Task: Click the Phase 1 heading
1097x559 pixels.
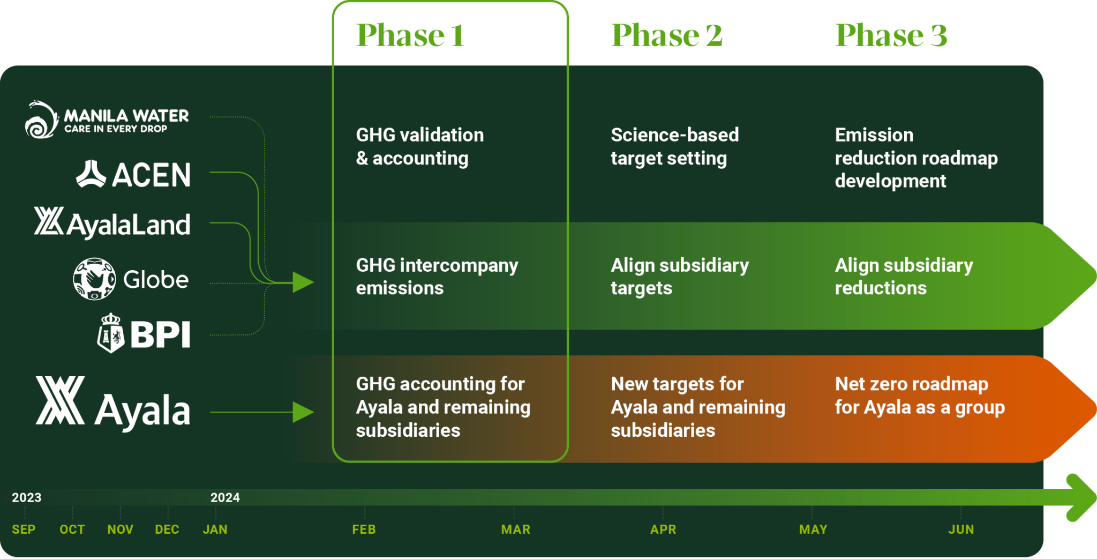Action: pyautogui.click(x=410, y=35)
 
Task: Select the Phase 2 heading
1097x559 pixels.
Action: pyautogui.click(x=667, y=35)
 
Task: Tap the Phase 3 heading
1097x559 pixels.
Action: pyautogui.click(x=891, y=35)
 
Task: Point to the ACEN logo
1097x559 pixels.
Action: pyautogui.click(x=133, y=174)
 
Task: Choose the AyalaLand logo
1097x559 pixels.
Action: pyautogui.click(x=112, y=223)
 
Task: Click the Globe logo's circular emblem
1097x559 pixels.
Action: pyautogui.click(x=94, y=279)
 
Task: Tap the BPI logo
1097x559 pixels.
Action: pyautogui.click(x=144, y=333)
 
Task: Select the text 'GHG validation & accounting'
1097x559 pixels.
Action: pyautogui.click(x=420, y=146)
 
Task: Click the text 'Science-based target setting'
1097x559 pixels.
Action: pyautogui.click(x=674, y=146)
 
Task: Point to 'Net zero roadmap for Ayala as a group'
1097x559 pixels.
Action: pyautogui.click(x=919, y=396)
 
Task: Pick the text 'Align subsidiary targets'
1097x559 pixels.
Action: pyautogui.click(x=679, y=277)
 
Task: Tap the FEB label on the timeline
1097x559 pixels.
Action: pyautogui.click(x=364, y=530)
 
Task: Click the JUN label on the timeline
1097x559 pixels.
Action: pyautogui.click(x=961, y=530)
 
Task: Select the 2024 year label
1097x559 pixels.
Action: pyautogui.click(x=225, y=497)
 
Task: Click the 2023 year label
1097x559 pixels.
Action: pyautogui.click(x=27, y=497)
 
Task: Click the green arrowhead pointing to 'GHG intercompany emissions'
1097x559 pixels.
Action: pyautogui.click(x=303, y=282)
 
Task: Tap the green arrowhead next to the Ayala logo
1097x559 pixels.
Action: pyautogui.click(x=303, y=412)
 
